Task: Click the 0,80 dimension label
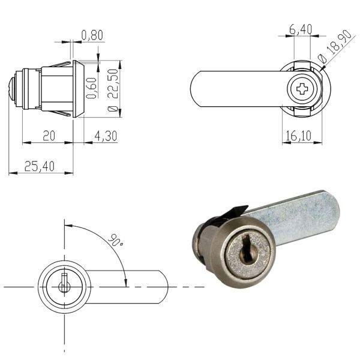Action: [92, 35]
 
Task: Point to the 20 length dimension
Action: [49, 136]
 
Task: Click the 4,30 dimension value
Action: [106, 137]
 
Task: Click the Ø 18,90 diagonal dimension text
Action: [335, 49]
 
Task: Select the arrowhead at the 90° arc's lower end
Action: [125, 282]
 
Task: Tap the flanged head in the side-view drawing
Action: [78, 89]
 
